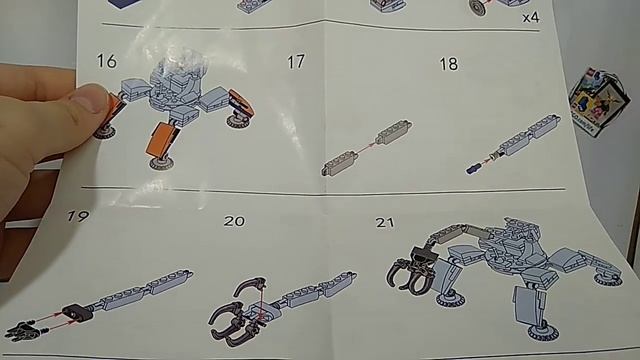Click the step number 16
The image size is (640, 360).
[107, 61]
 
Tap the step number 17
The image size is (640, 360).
[296, 62]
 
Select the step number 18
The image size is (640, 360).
[449, 64]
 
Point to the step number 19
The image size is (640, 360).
[78, 216]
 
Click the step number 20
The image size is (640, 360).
[234, 221]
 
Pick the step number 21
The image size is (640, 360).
[385, 222]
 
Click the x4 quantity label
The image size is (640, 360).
[531, 18]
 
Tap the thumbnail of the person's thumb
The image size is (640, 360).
[89, 98]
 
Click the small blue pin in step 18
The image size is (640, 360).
[473, 168]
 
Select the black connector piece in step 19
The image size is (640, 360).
[78, 313]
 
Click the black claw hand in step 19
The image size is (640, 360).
[23, 330]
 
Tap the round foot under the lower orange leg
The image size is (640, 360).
[162, 164]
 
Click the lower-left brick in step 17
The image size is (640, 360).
[340, 164]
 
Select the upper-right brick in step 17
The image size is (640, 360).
[394, 132]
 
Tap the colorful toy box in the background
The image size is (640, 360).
[599, 101]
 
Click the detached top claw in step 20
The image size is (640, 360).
[250, 285]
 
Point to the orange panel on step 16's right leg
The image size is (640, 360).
[242, 102]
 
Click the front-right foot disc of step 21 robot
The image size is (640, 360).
[542, 333]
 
